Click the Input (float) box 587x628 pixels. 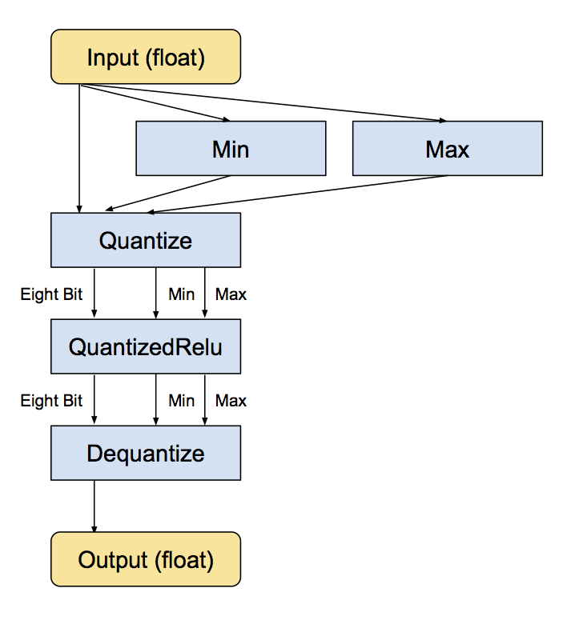[146, 57]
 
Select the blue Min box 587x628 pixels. [231, 148]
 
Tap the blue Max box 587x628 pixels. [447, 148]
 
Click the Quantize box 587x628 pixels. [146, 240]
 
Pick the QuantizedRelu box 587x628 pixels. [146, 346]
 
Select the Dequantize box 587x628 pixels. [146, 453]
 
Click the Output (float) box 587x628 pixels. [146, 559]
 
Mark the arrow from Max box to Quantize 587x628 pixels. [296, 194]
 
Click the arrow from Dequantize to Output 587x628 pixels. [94, 506]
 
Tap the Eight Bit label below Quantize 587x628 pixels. [51, 294]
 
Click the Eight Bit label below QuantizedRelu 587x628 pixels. [51, 400]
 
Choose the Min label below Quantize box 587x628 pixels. [181, 294]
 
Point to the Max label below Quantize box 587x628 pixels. [231, 294]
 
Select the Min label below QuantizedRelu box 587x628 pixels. [181, 400]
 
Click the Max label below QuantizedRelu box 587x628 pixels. [231, 400]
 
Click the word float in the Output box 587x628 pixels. [187, 559]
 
